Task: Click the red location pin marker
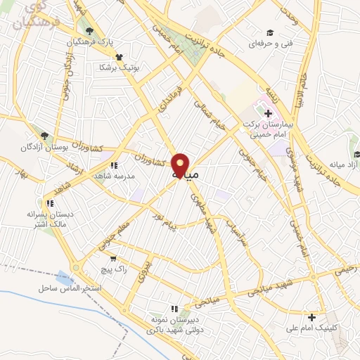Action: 180,166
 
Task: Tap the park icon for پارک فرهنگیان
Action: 89,32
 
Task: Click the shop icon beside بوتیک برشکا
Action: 119,58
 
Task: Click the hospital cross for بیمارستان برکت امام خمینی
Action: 268,113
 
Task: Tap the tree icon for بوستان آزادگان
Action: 45,136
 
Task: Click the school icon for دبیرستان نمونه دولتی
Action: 174,308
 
